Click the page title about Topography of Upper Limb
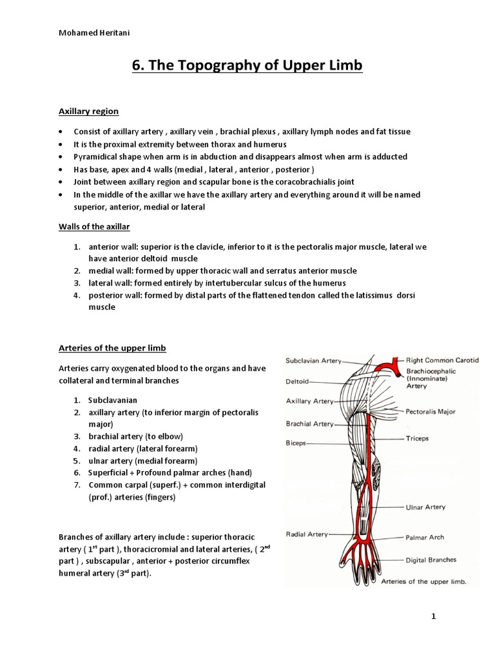[x=247, y=66]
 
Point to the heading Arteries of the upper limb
[x=112, y=348]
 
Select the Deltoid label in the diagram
[x=298, y=381]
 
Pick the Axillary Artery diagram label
[x=310, y=401]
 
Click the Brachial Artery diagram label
[x=310, y=423]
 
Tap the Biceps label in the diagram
[x=296, y=443]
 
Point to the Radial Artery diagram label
[x=307, y=534]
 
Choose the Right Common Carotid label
[x=443, y=360]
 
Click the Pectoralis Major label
[x=431, y=411]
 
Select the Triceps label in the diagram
[x=418, y=438]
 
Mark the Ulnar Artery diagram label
[x=425, y=507]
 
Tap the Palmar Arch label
[x=425, y=536]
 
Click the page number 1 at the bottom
[x=434, y=616]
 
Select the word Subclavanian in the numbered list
[x=113, y=400]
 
